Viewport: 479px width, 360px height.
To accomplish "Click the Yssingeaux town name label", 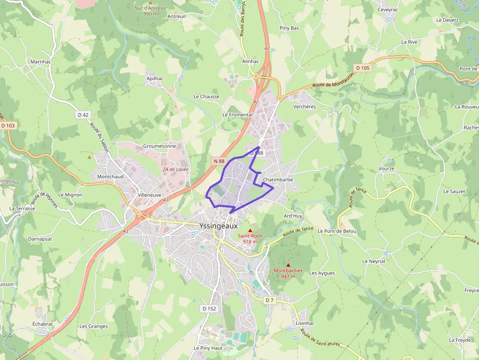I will click(218, 226).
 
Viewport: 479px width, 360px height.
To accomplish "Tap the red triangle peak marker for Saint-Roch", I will click(250, 231).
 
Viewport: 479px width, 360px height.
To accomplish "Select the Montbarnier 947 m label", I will click(288, 273).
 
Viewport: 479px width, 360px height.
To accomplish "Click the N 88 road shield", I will click(218, 161).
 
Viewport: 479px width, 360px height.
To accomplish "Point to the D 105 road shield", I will click(363, 68).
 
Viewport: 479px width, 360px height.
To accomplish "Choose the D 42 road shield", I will click(83, 115).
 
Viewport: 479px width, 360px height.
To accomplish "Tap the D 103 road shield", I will click(8, 126).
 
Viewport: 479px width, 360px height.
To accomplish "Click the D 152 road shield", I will click(209, 309).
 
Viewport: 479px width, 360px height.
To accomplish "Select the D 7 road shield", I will click(270, 299).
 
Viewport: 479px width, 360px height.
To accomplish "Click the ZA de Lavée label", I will click(175, 169).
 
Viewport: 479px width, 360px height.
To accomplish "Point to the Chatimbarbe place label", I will click(278, 180).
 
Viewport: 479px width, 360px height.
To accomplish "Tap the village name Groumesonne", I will click(159, 146).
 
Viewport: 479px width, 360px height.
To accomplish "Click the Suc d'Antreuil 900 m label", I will click(151, 11).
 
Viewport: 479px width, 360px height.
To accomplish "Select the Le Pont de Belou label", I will click(337, 231).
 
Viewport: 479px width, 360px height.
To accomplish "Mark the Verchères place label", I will click(305, 106).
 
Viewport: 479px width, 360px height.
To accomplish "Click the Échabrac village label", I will click(43, 324).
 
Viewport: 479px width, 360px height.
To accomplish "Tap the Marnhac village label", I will click(41, 62).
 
